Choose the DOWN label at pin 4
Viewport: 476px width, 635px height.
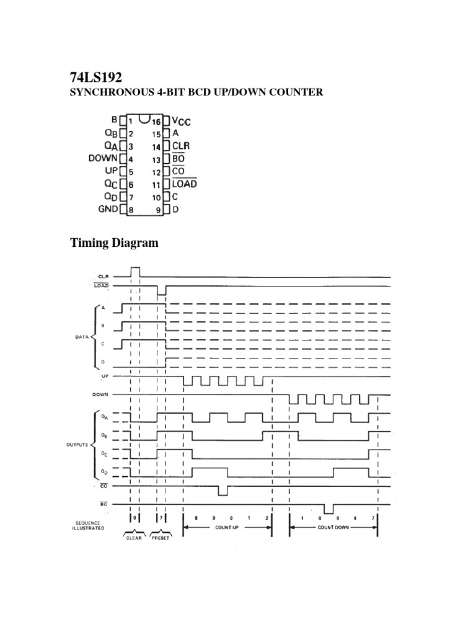click(103, 159)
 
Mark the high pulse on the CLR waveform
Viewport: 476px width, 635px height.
click(135, 272)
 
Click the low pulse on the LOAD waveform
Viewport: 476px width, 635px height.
click(162, 291)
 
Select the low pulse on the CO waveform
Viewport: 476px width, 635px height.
click(223, 491)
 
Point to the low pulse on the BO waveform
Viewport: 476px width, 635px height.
click(328, 509)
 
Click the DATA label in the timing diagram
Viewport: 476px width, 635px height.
click(82, 337)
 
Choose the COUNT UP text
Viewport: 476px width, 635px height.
click(227, 527)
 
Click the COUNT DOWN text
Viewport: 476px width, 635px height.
click(333, 527)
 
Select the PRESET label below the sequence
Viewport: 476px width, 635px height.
click(161, 538)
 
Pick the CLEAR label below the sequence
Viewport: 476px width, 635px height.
click(134, 538)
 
